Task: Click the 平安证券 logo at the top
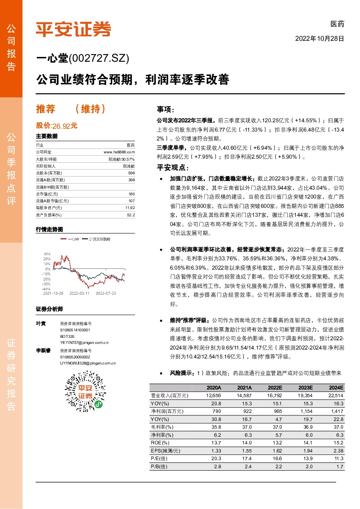[73, 29]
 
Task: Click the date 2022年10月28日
[320, 39]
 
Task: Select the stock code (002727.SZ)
[99, 59]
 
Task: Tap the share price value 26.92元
[65, 126]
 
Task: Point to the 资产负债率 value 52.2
[131, 215]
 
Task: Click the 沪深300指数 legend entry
[98, 239]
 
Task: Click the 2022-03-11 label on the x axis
[80, 293]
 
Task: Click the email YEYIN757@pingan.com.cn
[84, 342]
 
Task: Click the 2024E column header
[336, 388]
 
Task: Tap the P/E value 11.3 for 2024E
[338, 459]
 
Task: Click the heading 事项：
[167, 110]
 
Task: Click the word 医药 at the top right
[337, 25]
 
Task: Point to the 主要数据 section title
[44, 136]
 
